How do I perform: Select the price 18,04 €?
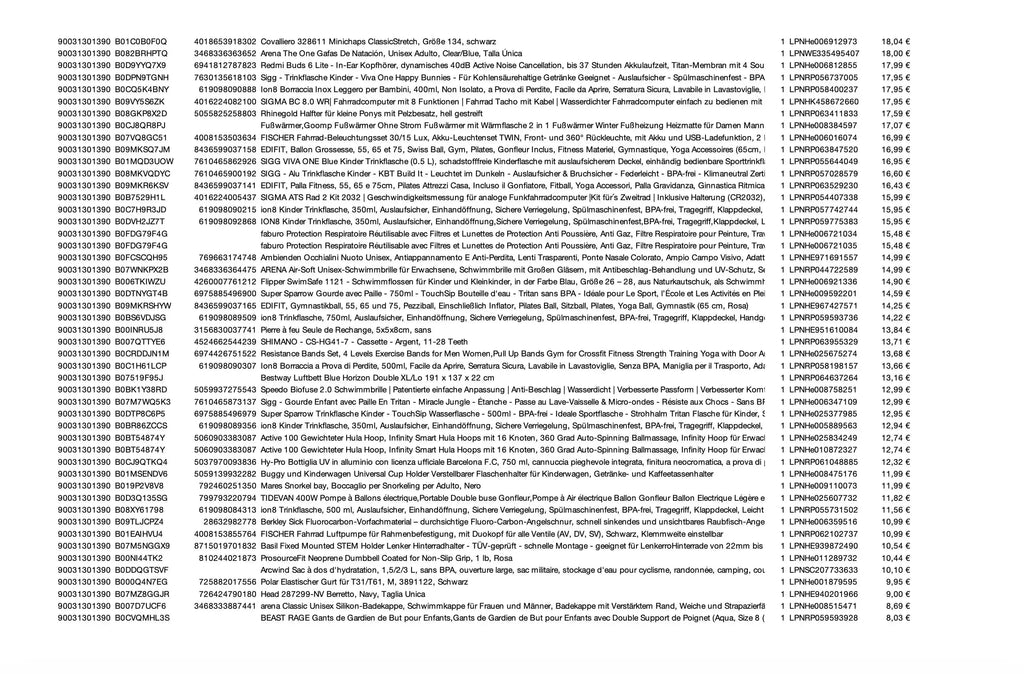896,41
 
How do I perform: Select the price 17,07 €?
896,125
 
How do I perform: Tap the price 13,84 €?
896,329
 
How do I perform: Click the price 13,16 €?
896,377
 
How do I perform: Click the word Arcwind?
277,569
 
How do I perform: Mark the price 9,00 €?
898,593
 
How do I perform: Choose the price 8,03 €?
898,617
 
